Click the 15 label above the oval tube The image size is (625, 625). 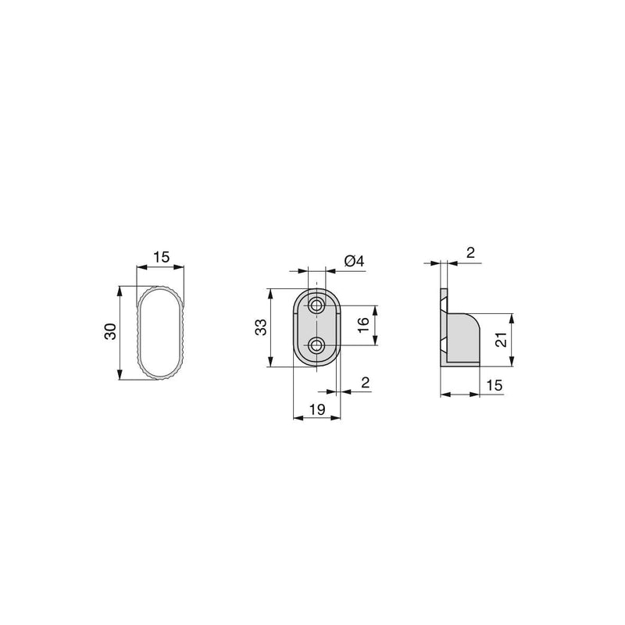click(x=161, y=257)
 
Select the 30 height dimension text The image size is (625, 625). click(x=110, y=331)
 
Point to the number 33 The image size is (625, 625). click(x=260, y=327)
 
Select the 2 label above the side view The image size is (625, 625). click(x=470, y=252)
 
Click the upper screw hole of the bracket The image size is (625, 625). click(x=316, y=304)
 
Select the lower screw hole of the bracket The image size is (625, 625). click(x=316, y=345)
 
